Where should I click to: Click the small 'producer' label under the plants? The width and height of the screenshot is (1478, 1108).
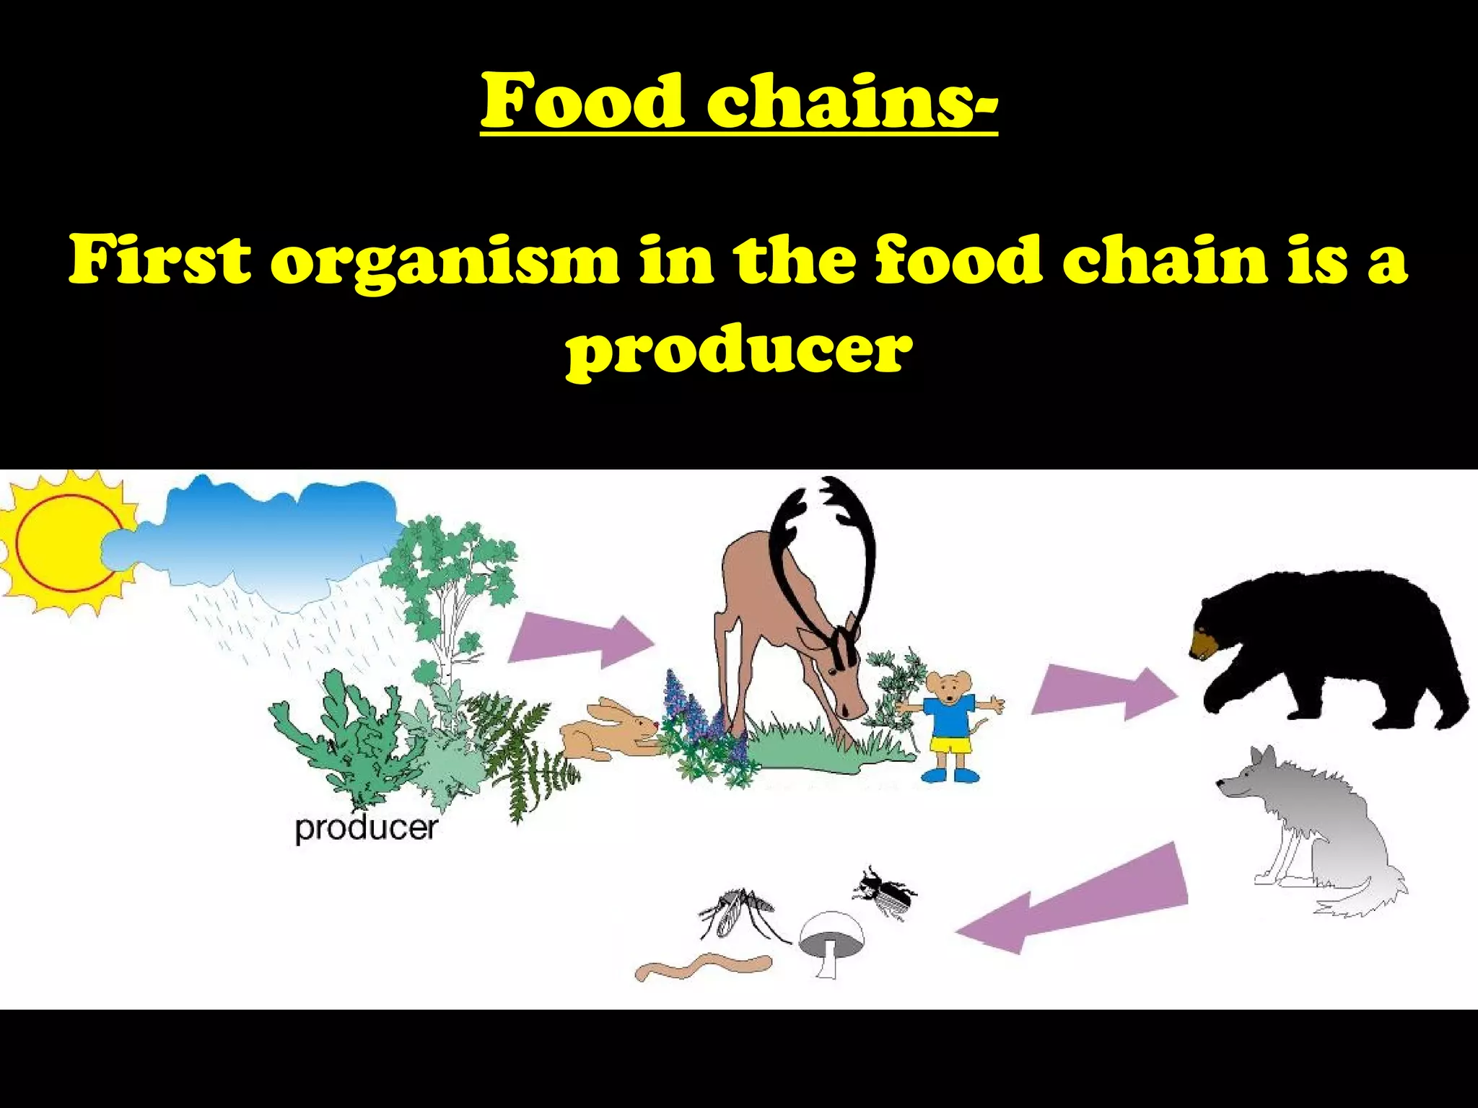coord(366,828)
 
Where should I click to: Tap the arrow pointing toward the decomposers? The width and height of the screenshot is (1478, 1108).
coord(1075,902)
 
